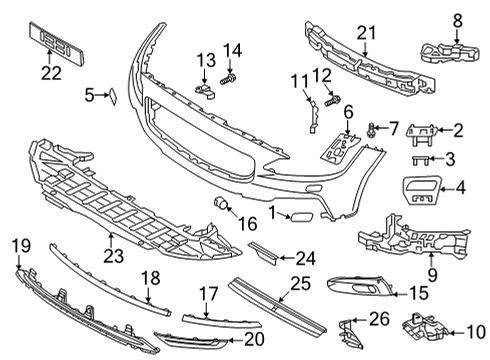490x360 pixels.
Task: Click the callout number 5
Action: [x=90, y=95]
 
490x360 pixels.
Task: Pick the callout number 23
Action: [x=112, y=256]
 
